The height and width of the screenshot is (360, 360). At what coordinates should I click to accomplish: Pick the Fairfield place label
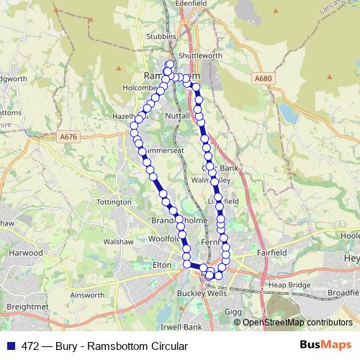point(271,253)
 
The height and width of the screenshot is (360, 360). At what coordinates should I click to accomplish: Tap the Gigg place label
point(233,311)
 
